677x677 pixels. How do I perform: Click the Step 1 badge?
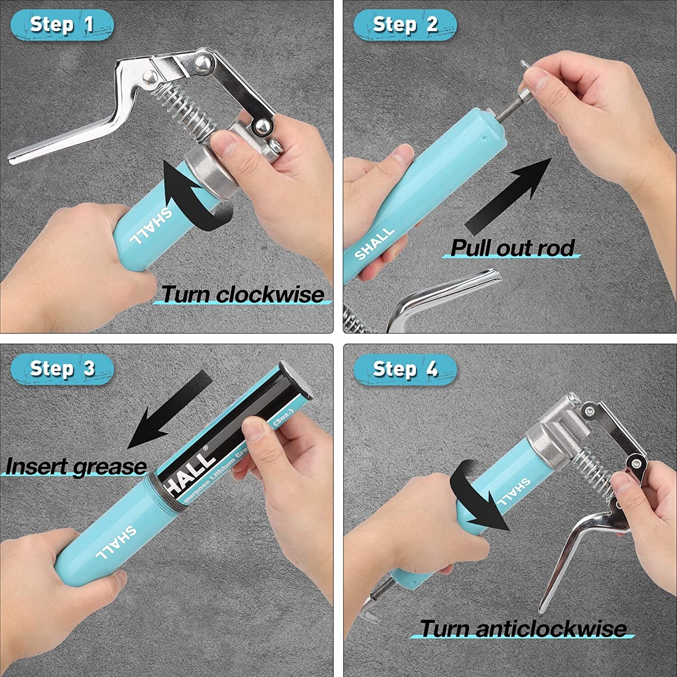(x=62, y=25)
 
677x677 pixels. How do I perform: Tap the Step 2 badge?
(x=405, y=25)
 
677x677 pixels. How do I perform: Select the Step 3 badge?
(x=62, y=369)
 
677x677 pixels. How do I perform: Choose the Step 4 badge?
(x=405, y=369)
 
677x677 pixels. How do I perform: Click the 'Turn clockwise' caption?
(x=243, y=295)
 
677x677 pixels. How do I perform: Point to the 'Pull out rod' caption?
(x=512, y=248)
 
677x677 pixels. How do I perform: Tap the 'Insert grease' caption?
(x=76, y=466)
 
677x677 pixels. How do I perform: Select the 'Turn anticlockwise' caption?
(x=523, y=628)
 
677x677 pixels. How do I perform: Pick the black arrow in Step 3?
(x=169, y=408)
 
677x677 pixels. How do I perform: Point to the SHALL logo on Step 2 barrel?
(x=374, y=244)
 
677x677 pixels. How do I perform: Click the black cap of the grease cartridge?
(x=296, y=381)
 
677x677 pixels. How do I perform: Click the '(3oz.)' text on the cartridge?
(x=284, y=417)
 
